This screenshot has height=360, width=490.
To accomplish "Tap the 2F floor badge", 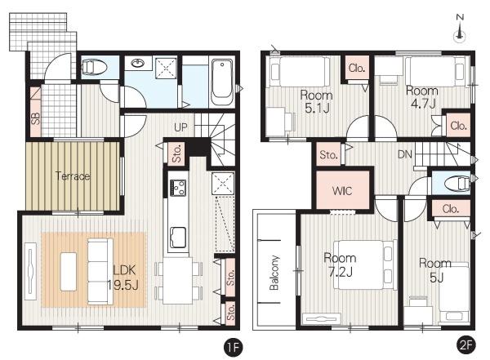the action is [465, 345].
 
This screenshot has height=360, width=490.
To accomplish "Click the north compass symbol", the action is [460, 28].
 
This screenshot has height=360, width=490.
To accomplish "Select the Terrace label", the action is [73, 176].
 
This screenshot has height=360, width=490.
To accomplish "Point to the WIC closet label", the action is [342, 191].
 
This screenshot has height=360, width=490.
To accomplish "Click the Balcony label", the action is [274, 273].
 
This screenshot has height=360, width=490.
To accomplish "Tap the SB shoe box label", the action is [36, 118].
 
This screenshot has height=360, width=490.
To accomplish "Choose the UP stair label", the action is [181, 127].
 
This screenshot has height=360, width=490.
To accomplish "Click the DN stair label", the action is [405, 154].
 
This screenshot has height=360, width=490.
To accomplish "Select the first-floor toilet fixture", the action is [94, 67].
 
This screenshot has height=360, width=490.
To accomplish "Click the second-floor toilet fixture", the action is [457, 183].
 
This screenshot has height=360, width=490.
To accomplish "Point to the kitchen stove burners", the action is [178, 188].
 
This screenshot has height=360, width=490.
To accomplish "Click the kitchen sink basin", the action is [178, 238].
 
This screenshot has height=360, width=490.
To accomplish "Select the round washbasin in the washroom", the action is [138, 64].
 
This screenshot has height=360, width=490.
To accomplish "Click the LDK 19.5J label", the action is [122, 278].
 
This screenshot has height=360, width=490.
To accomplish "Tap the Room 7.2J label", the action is [340, 264].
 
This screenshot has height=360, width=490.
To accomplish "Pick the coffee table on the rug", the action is [69, 272].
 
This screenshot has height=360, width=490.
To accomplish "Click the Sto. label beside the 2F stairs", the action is [328, 155].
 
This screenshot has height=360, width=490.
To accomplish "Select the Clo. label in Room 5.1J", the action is [357, 68].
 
